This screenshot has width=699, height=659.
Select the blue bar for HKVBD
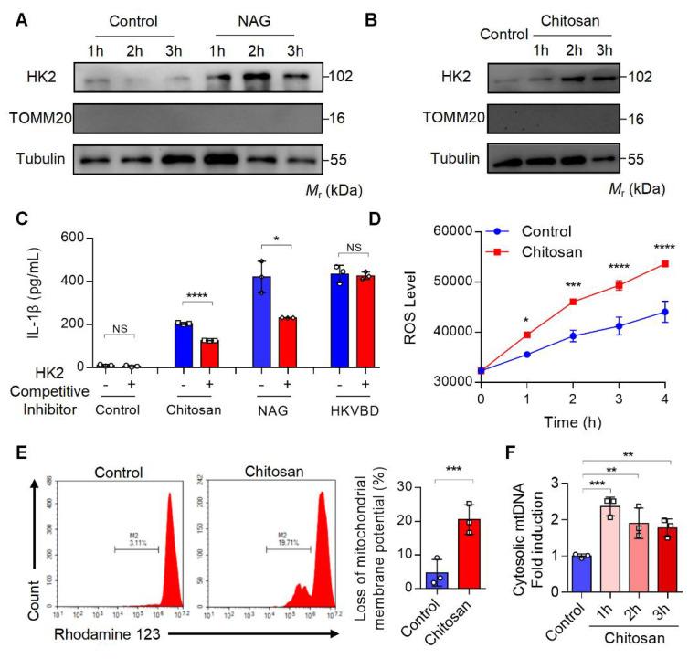click(x=341, y=320)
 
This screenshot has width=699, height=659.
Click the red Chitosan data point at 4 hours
click(x=664, y=263)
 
